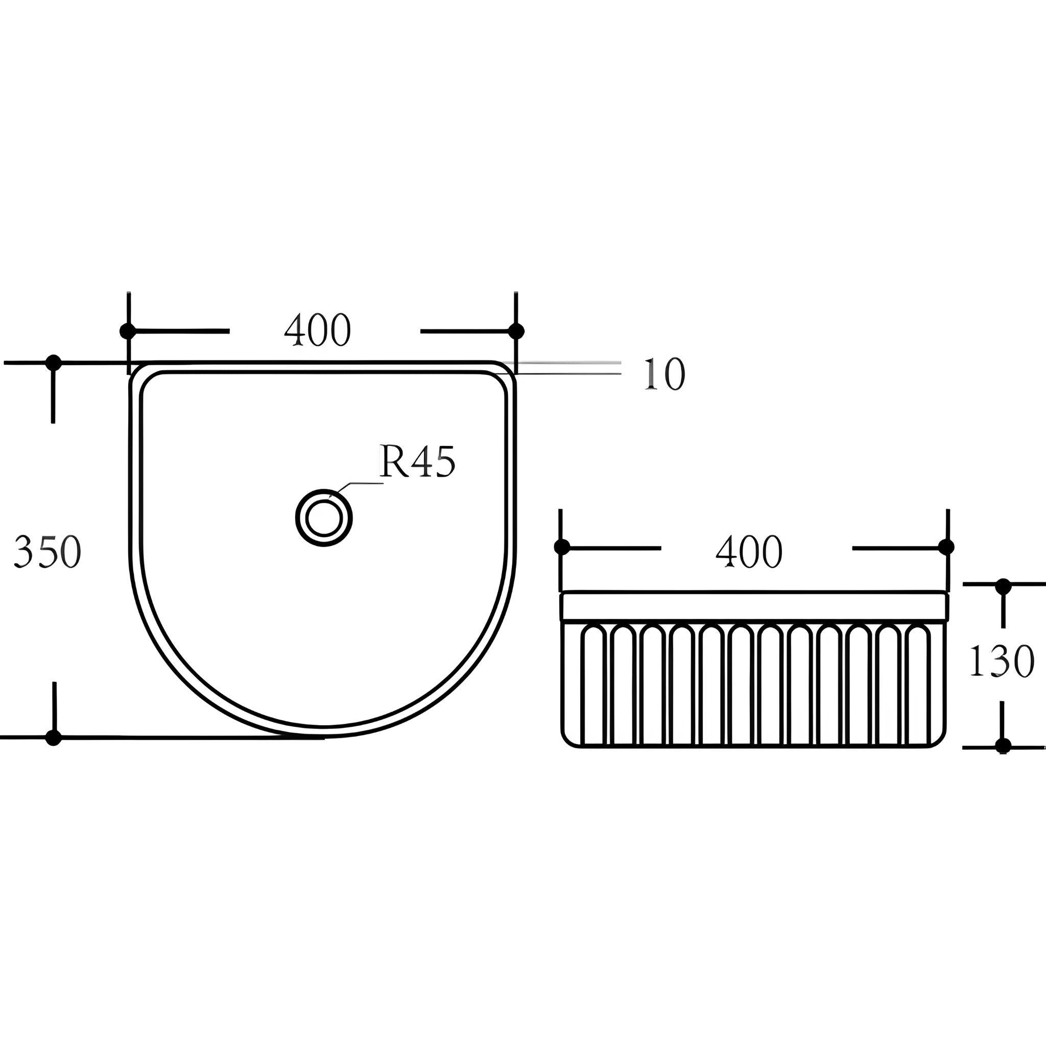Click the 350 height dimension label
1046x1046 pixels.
coord(47,551)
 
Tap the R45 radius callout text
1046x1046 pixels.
coord(417,461)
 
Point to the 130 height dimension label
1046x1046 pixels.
coord(1001,661)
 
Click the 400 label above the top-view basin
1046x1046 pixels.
coord(318,330)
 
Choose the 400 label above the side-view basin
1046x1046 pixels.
coord(749,552)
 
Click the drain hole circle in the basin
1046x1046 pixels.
coord(324,517)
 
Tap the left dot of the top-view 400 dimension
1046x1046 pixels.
coord(128,331)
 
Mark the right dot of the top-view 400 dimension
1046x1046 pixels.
coord(516,331)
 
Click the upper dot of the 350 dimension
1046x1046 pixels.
coord(54,363)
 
